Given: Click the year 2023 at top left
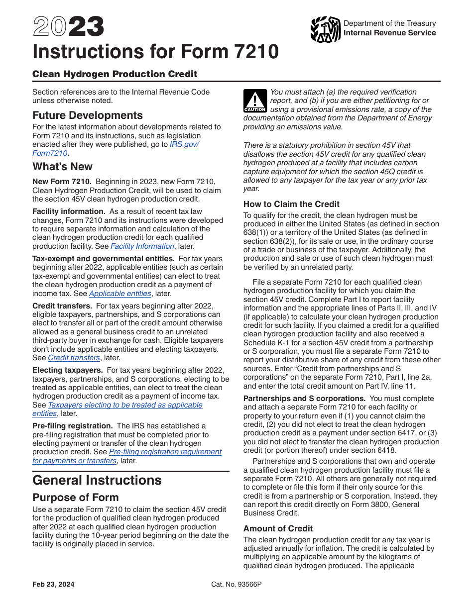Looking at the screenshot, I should click(68, 27).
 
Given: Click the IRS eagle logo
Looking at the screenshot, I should click(325, 29).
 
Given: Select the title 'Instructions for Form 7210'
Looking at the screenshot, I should click(155, 52).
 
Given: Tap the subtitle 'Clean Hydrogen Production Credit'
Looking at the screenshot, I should click(115, 74).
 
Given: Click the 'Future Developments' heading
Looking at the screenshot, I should click(88, 115).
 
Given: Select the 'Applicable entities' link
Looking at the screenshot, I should click(120, 294).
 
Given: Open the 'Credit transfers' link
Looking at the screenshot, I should click(74, 358).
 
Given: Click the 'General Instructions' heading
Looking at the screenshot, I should click(97, 480).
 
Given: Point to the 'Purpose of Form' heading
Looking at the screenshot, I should click(76, 498).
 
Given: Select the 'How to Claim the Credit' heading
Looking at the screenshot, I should click(291, 204).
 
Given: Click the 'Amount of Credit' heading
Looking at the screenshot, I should click(278, 528).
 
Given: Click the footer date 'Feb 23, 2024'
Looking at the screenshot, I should click(53, 585).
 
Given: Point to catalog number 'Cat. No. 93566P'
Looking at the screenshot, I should click(236, 585).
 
